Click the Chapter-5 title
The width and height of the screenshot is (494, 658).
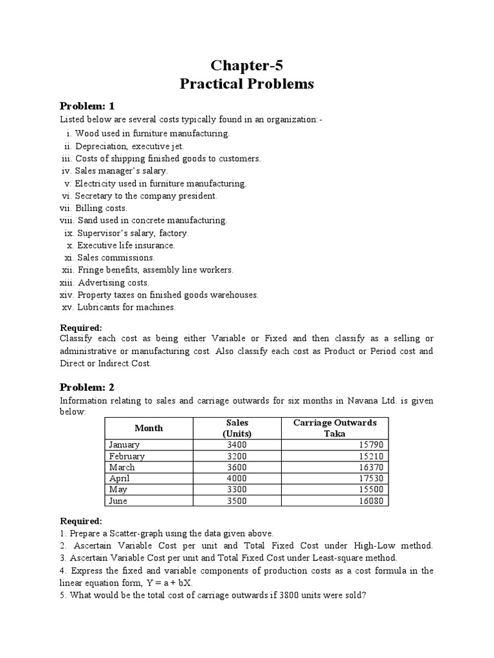point(248,66)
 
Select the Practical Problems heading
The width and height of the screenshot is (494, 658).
point(248,85)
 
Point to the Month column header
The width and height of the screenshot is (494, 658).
point(149,428)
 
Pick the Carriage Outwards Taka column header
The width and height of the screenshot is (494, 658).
point(334,428)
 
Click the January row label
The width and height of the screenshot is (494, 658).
point(124,445)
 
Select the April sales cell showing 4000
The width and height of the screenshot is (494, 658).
point(237,479)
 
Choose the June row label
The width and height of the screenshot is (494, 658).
point(118,501)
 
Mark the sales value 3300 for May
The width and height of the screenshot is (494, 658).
point(237,490)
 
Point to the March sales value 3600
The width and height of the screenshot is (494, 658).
point(237,467)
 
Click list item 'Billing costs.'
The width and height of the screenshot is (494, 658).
point(101,208)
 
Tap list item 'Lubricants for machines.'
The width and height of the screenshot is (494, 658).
point(126,307)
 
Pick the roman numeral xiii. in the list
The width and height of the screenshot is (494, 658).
point(66,283)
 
